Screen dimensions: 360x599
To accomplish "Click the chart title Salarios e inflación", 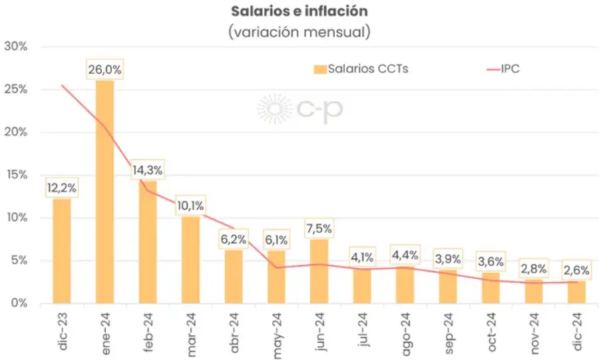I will [x=299, y=12].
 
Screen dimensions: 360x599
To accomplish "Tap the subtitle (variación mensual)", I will [x=299, y=31].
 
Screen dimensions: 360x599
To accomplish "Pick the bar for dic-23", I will [x=62, y=251].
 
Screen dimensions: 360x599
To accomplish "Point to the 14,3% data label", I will [x=147, y=170].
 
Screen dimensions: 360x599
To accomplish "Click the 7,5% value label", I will [x=319, y=230].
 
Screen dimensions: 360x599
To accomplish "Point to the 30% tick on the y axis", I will [x=15, y=47].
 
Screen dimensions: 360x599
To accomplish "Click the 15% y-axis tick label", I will [x=15, y=175].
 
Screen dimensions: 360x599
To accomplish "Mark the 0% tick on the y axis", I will [x=18, y=303].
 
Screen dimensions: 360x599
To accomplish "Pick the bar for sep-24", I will [x=448, y=287].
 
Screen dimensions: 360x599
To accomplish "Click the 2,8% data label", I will [x=534, y=269].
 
